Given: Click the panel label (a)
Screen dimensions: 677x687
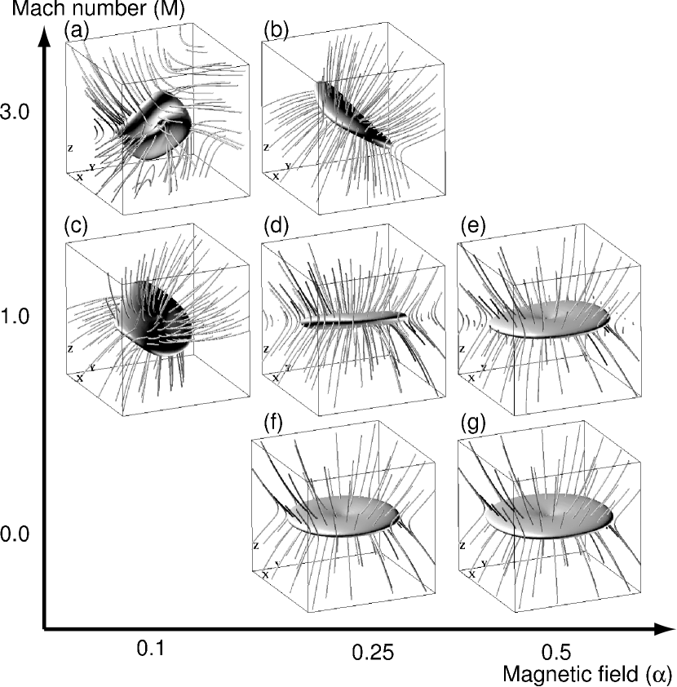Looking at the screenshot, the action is pyautogui.click(x=77, y=32).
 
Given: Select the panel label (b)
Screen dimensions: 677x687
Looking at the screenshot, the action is pyautogui.click(x=277, y=32).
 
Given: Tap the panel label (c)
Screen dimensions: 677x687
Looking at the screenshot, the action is pyautogui.click(x=76, y=226).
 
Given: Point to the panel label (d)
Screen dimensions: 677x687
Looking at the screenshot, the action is pyautogui.click(x=277, y=227).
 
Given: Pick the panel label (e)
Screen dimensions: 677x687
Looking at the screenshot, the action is pyautogui.click(x=473, y=227).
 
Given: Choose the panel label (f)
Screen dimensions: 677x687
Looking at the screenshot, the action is pyautogui.click(x=273, y=423).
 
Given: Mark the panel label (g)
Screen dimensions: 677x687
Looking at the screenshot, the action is pyautogui.click(x=473, y=423).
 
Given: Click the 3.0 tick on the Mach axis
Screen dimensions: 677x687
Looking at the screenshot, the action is pyautogui.click(x=15, y=112).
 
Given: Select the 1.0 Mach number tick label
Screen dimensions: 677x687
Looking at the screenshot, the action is pyautogui.click(x=15, y=317).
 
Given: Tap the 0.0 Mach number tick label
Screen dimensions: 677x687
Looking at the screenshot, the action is pyautogui.click(x=15, y=534).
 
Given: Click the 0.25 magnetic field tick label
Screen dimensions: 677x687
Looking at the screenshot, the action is pyautogui.click(x=373, y=653).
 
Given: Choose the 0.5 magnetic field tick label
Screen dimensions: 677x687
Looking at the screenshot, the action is pyautogui.click(x=556, y=653).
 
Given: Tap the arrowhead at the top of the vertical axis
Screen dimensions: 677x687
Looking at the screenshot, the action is pyautogui.click(x=44, y=34).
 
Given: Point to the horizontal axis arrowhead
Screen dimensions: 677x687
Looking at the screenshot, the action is pyautogui.click(x=664, y=629).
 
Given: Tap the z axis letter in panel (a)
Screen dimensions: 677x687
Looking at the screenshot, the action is pyautogui.click(x=70, y=148).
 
